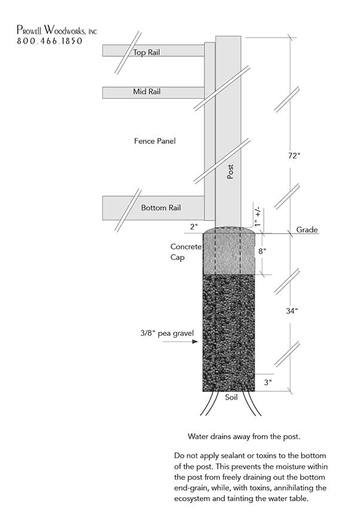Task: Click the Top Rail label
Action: click(x=147, y=53)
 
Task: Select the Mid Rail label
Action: click(x=147, y=92)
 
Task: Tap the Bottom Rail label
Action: click(x=161, y=208)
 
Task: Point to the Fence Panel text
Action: click(x=155, y=142)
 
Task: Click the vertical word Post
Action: click(x=230, y=172)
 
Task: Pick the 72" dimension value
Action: click(x=294, y=156)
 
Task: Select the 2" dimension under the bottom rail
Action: click(x=193, y=227)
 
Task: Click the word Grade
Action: click(x=306, y=230)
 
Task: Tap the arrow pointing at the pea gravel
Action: click(x=190, y=342)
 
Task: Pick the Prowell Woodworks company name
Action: click(x=57, y=29)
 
